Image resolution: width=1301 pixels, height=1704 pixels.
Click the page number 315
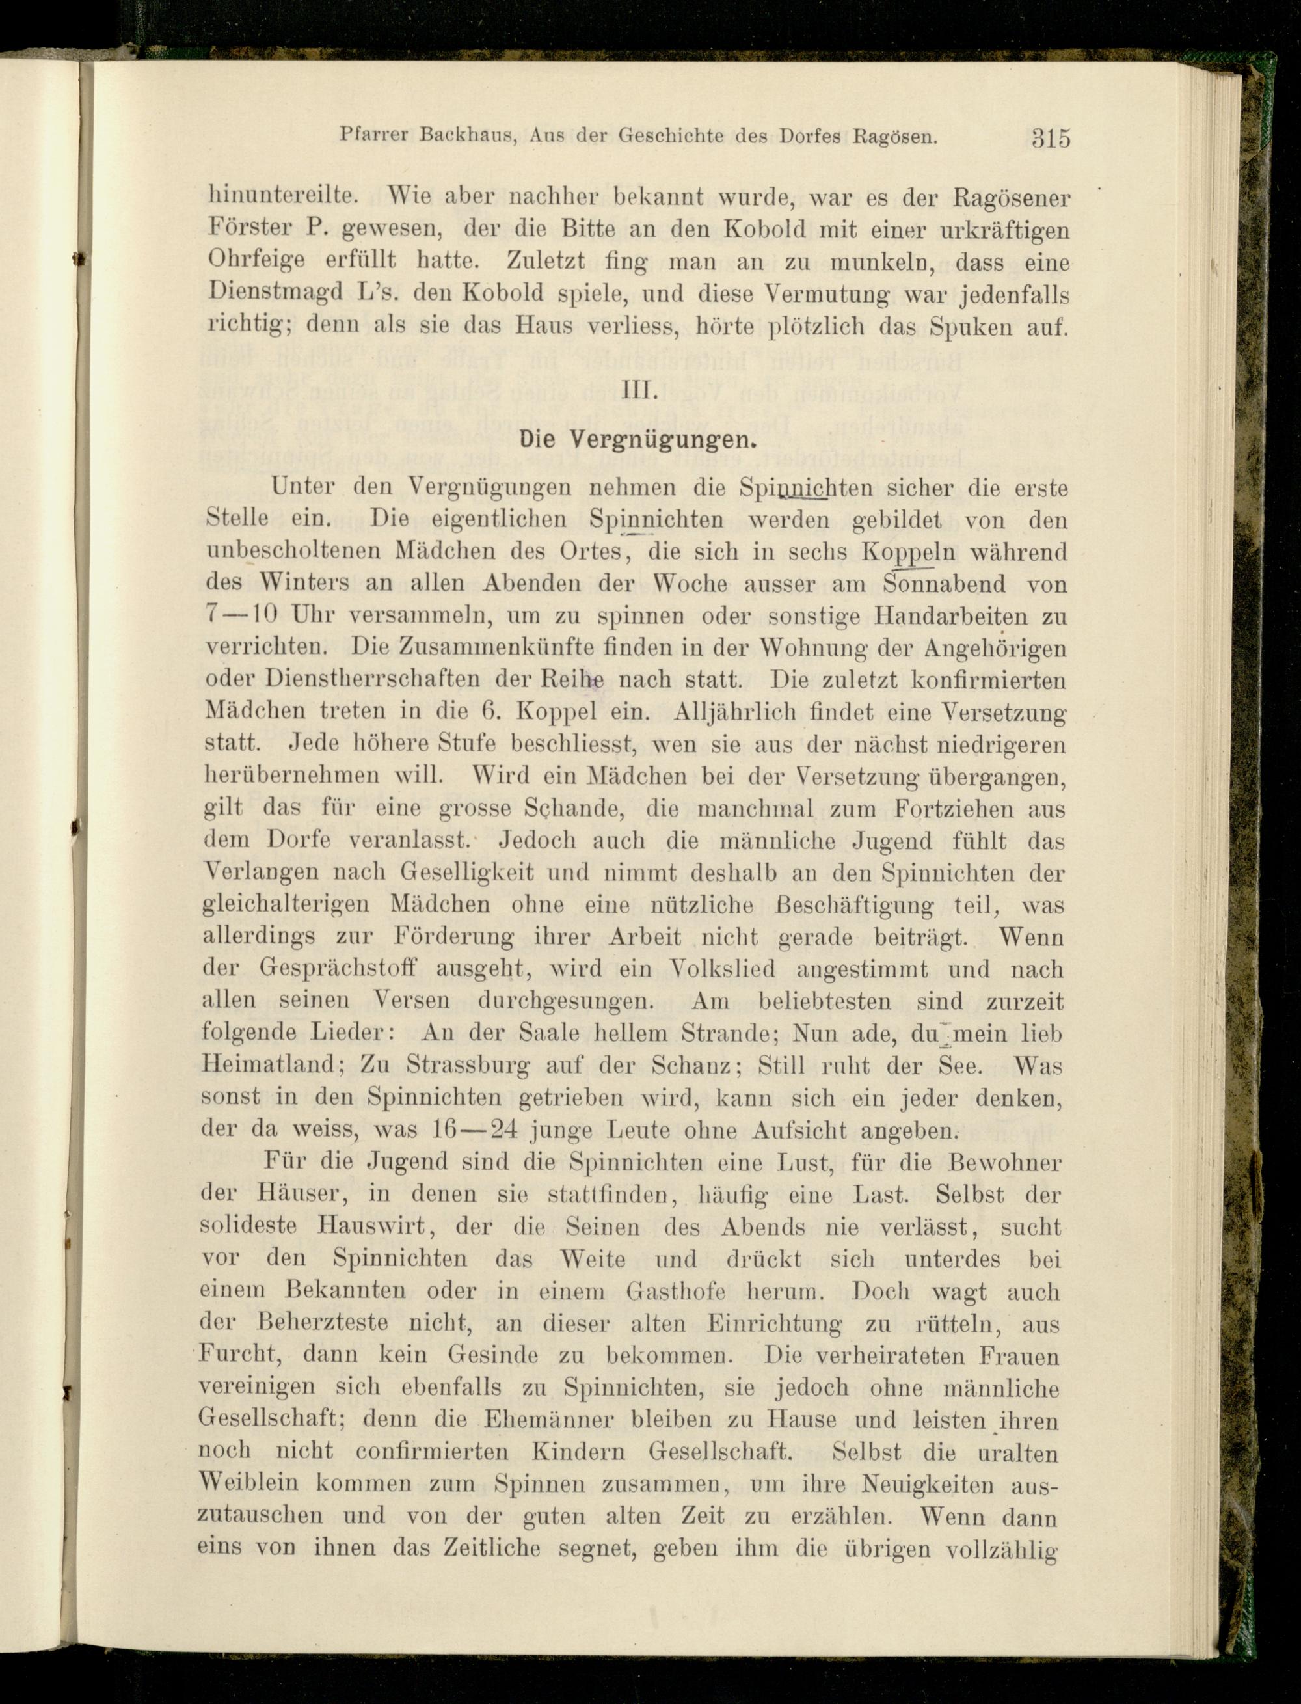click(1050, 138)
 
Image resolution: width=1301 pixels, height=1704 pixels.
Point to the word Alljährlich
click(740, 711)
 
